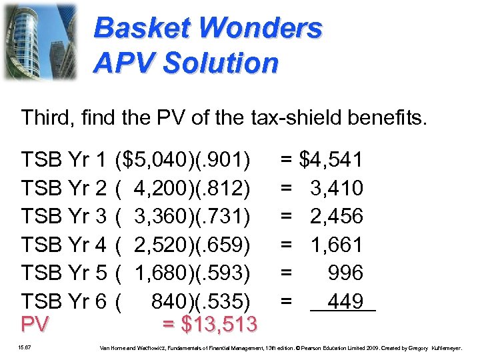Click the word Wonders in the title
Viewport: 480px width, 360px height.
261,28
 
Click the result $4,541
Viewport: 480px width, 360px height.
331,160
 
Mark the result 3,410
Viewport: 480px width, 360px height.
337,189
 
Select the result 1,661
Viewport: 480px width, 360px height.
337,245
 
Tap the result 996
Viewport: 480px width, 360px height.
345,273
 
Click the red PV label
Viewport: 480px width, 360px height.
36,325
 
